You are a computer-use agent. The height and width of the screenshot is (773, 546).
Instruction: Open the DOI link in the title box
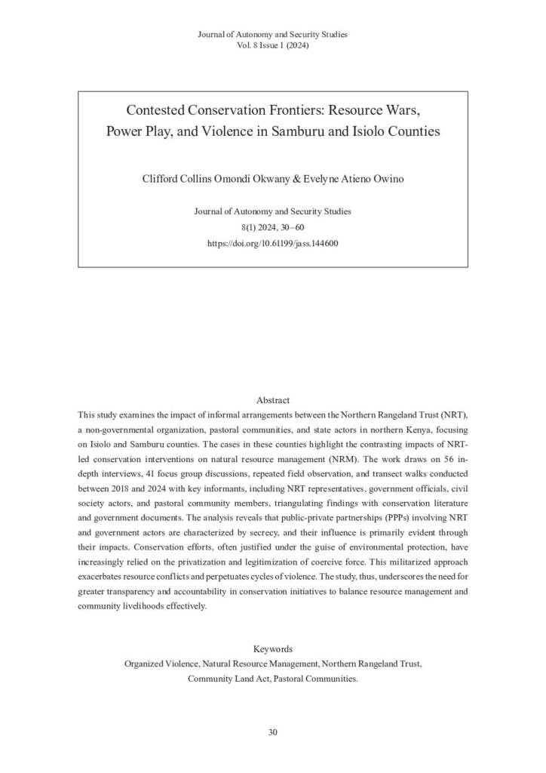(272, 244)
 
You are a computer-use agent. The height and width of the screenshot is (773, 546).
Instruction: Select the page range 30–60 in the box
(290, 227)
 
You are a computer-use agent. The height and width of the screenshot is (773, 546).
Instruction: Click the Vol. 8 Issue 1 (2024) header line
(272, 45)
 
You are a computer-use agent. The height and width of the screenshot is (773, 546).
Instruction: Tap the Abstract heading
(272, 400)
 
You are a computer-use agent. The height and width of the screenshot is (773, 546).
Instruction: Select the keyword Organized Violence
(161, 664)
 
